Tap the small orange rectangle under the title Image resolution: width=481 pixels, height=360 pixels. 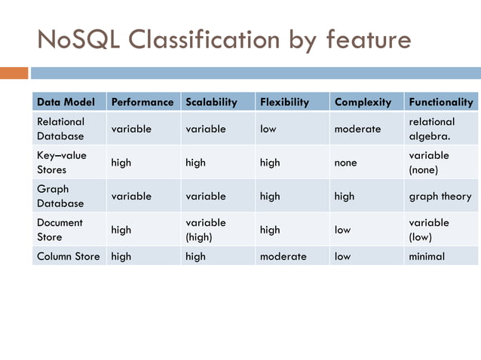click(x=14, y=73)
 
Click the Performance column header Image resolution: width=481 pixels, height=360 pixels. click(x=142, y=102)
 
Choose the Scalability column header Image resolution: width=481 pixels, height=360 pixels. click(x=211, y=102)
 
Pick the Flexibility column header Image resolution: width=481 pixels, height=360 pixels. click(x=284, y=102)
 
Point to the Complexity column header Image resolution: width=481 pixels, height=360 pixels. click(x=363, y=102)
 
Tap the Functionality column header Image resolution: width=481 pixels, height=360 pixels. click(x=440, y=102)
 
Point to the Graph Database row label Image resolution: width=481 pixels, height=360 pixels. click(x=60, y=196)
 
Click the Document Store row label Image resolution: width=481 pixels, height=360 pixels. click(x=60, y=230)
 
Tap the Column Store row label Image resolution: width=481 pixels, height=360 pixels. click(x=69, y=256)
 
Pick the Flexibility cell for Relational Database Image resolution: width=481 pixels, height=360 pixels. click(x=268, y=129)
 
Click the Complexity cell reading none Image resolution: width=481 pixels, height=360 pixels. click(x=346, y=163)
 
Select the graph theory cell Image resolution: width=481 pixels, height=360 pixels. click(x=440, y=196)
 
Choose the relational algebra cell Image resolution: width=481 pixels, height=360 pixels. click(x=432, y=129)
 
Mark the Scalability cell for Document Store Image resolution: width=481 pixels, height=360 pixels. click(x=205, y=230)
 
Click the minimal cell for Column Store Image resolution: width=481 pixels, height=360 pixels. click(x=427, y=256)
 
